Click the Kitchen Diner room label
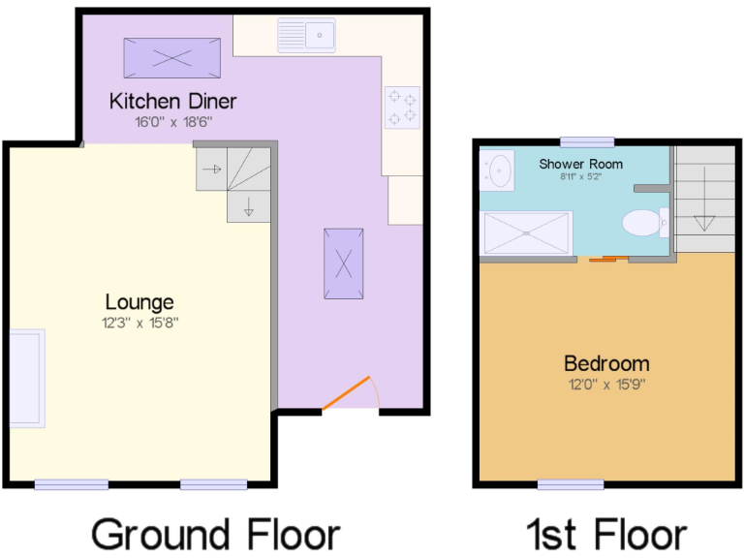[172, 101]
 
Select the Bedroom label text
[606, 364]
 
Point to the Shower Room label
[581, 164]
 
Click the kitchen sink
[306, 36]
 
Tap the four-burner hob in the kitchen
[402, 107]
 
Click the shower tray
[527, 233]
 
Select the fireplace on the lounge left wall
[26, 378]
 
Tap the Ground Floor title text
[216, 534]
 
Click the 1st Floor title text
[606, 534]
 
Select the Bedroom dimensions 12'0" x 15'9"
[606, 384]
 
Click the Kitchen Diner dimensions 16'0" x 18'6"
[172, 122]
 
